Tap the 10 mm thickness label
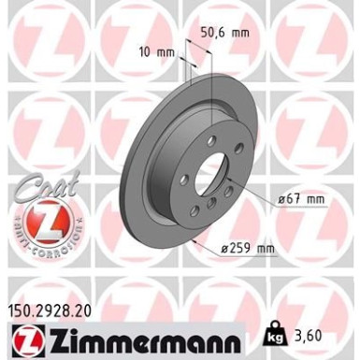[161, 51]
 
